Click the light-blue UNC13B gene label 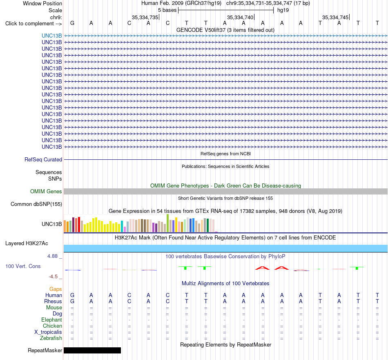pos(52,36)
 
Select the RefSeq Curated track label pos(43,159)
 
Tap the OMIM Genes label pos(46,191)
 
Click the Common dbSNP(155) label pos(36,204)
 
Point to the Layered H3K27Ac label pos(27,244)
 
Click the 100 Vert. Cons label pos(23,266)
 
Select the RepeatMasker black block pos(92,350)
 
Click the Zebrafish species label pos(51,338)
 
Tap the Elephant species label pos(52,320)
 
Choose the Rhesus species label pos(53,301)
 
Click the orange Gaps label pos(56,289)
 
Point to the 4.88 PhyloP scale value pos(52,256)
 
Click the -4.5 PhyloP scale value pos(53,277)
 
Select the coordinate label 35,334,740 pos(240,17)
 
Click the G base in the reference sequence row pos(72,23)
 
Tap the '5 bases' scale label pos(167,10)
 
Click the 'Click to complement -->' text pos(33,24)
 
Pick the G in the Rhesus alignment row pos(72,301)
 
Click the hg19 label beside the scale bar pos(283,10)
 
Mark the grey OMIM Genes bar pos(226,191)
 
